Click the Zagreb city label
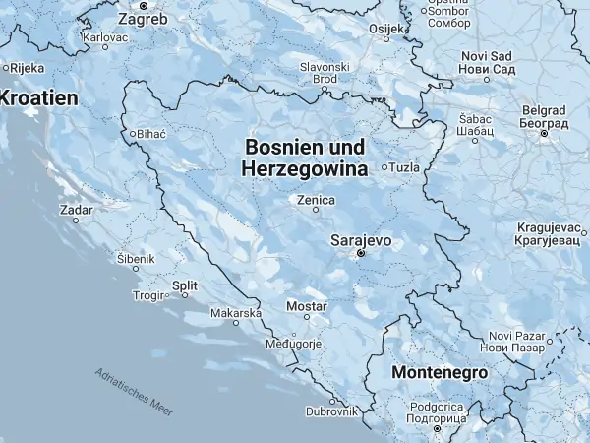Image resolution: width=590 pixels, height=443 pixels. pos(142,18)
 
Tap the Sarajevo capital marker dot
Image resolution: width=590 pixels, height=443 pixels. pos(361,254)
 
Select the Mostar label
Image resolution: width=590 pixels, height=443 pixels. pos(305,307)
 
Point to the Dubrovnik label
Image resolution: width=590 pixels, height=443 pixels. pos(331,411)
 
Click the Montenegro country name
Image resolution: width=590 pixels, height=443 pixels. pos(440,373)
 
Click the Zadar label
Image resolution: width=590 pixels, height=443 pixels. pos(76,210)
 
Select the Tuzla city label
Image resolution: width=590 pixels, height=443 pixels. pos(404,167)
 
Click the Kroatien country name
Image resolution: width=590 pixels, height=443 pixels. pos(37,98)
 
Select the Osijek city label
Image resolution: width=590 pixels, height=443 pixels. pos(385,29)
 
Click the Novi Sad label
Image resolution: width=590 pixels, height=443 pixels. pos(488,63)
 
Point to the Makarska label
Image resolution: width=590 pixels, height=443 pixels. pos(235,313)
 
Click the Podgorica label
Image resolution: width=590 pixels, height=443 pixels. pos(436,411)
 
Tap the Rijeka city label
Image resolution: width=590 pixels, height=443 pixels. pos(27,68)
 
